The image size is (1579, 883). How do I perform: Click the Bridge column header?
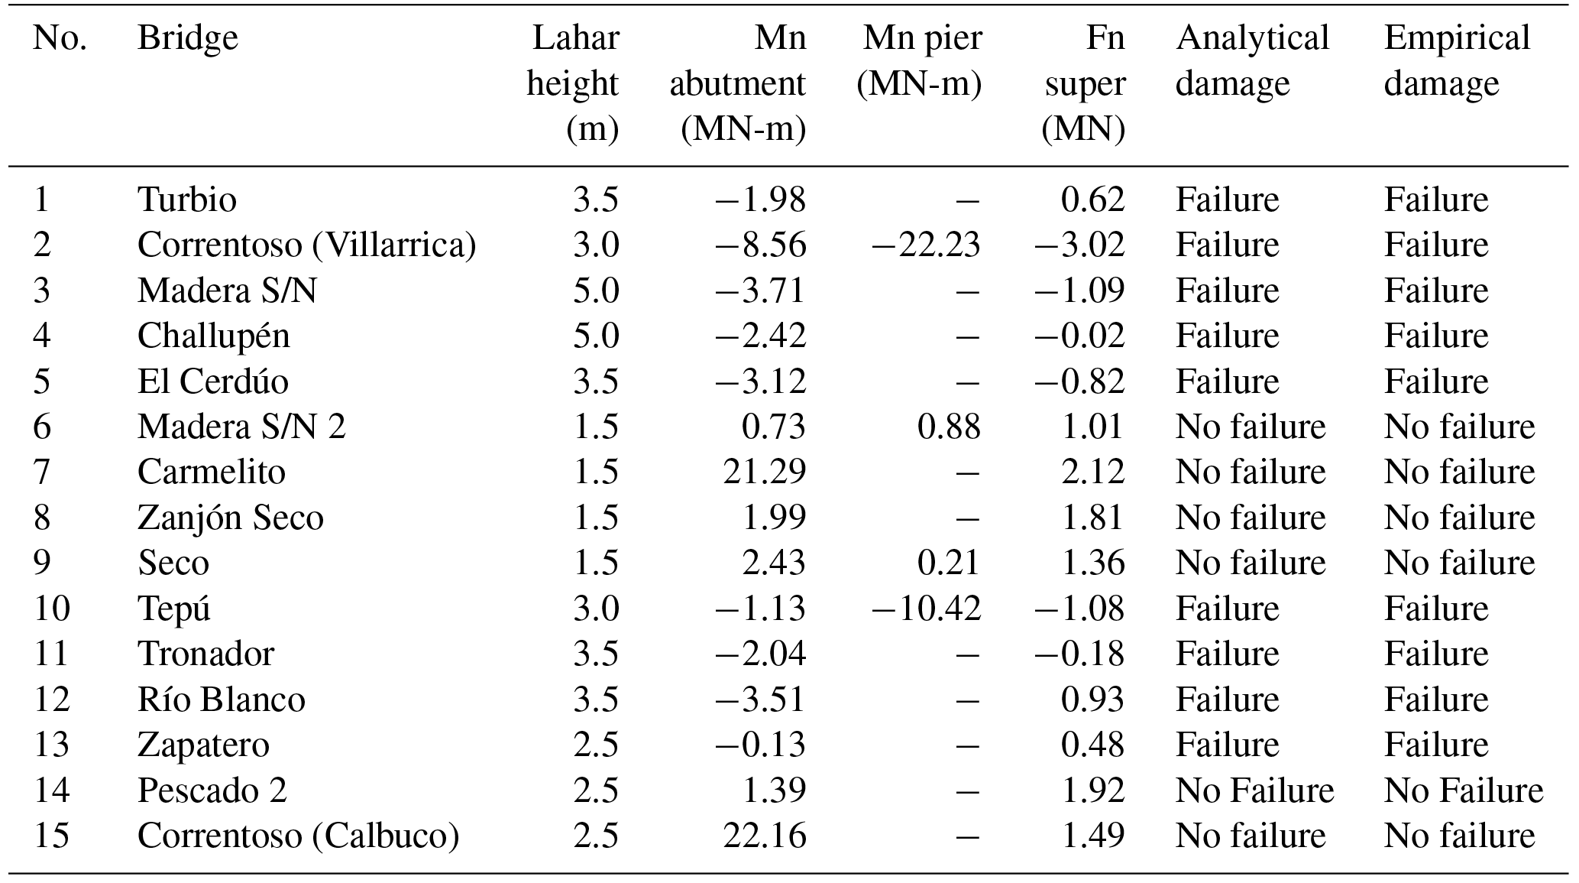[187, 38]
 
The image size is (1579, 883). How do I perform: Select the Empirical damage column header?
[1456, 60]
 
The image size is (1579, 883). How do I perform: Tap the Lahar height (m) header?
[573, 83]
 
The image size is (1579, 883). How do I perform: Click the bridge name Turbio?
[187, 200]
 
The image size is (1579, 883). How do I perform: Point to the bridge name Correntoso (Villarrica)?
[306, 245]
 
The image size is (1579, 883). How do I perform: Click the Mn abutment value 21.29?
[764, 472]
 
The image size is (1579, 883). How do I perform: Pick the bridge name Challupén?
[213, 336]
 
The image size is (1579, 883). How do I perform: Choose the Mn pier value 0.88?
[949, 427]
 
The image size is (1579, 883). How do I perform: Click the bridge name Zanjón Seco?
[230, 518]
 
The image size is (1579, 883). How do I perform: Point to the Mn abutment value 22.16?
[764, 836]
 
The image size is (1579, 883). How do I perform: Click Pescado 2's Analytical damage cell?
[1254, 790]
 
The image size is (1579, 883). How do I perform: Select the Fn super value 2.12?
[1092, 472]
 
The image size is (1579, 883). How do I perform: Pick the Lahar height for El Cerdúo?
[596, 381]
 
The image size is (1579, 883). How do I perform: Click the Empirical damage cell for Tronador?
[1435, 654]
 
